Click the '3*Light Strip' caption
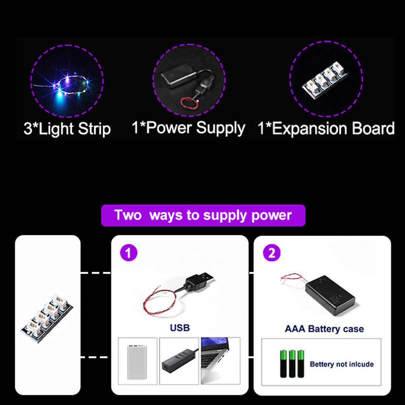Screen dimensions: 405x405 [x=67, y=128]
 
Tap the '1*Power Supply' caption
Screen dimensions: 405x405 [x=188, y=128]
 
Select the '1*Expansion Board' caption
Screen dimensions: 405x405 [x=326, y=128]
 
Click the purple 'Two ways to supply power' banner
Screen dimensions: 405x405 [x=203, y=215]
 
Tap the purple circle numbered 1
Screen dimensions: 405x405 [x=128, y=253]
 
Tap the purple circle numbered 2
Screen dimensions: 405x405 [x=271, y=253]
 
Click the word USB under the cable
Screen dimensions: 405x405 [x=180, y=328]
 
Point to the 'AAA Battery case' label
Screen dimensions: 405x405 [x=324, y=329]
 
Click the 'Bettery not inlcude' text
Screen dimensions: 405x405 [x=342, y=364]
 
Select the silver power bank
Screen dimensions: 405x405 [x=137, y=362]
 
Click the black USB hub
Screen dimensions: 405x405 [x=179, y=360]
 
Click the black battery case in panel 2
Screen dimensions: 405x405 [x=330, y=295]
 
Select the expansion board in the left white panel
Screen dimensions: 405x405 [x=47, y=318]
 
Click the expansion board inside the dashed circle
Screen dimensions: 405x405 [x=325, y=80]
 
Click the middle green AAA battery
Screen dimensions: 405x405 [x=292, y=364]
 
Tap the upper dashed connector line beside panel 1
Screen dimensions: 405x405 [x=96, y=273]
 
